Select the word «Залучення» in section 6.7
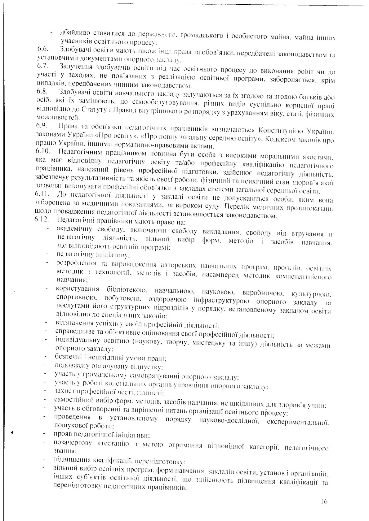(75, 66)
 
